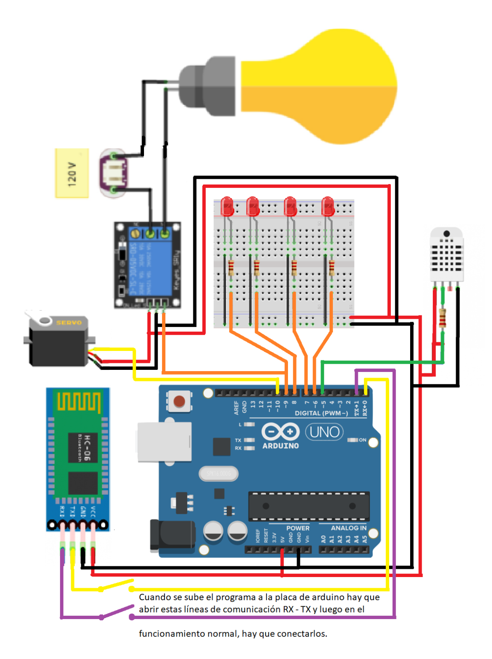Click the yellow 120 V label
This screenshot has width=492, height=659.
pos(72,173)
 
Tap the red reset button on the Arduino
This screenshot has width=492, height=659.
pos(179,401)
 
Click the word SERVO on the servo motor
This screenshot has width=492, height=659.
pos(69,323)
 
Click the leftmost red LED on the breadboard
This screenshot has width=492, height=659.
pos(227,206)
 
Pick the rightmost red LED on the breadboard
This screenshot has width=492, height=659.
pos(328,206)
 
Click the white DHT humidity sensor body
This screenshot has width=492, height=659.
pos(447,255)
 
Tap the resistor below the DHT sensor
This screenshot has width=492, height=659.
pos(442,318)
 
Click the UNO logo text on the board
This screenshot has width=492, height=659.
pos(324,432)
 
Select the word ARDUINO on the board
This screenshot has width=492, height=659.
pos(281,446)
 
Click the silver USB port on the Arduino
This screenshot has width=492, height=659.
pos(164,442)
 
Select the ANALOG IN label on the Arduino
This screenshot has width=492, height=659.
pos(348,528)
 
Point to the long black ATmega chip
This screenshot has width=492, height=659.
pos(309,506)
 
